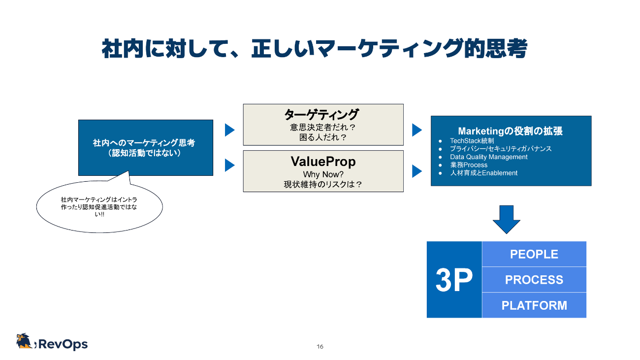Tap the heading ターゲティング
(323, 115)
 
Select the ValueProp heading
(323, 162)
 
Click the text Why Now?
(323, 174)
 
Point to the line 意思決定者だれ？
(323, 128)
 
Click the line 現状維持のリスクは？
(323, 185)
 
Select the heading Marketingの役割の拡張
(510, 131)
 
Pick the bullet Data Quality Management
(488, 157)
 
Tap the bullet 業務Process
(468, 165)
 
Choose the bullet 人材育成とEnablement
(483, 173)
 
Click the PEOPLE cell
(534, 254)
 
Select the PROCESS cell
(534, 280)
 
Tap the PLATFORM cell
(534, 305)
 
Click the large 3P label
(454, 280)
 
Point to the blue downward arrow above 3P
(506, 219)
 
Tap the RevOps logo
(52, 343)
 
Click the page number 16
(320, 347)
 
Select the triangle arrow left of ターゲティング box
(229, 130)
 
